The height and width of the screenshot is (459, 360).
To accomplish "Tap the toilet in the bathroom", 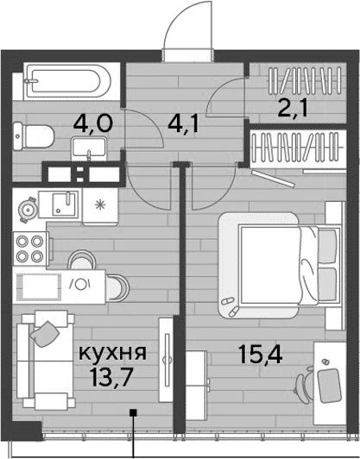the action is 34,136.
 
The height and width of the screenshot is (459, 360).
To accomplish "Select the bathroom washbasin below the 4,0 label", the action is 89,149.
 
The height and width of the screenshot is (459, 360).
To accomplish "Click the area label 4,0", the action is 93,123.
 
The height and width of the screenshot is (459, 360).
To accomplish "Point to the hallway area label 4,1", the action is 184,124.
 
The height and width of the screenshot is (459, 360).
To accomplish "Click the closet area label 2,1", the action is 293,108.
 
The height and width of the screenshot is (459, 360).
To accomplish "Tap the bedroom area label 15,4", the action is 261,354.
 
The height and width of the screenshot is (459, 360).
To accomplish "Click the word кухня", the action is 113,354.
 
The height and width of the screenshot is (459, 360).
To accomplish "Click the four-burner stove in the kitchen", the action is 30,248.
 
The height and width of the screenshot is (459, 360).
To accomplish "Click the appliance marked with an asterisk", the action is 100,206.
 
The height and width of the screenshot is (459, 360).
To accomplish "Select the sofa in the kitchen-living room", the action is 46,360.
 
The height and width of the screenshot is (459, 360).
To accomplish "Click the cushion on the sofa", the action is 45,334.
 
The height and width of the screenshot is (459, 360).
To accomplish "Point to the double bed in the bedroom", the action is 281,265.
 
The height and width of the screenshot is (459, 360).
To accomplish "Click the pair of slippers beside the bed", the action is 231,306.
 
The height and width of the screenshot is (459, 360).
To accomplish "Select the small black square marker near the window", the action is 134,412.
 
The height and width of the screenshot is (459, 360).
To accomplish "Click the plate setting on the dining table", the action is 80,284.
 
